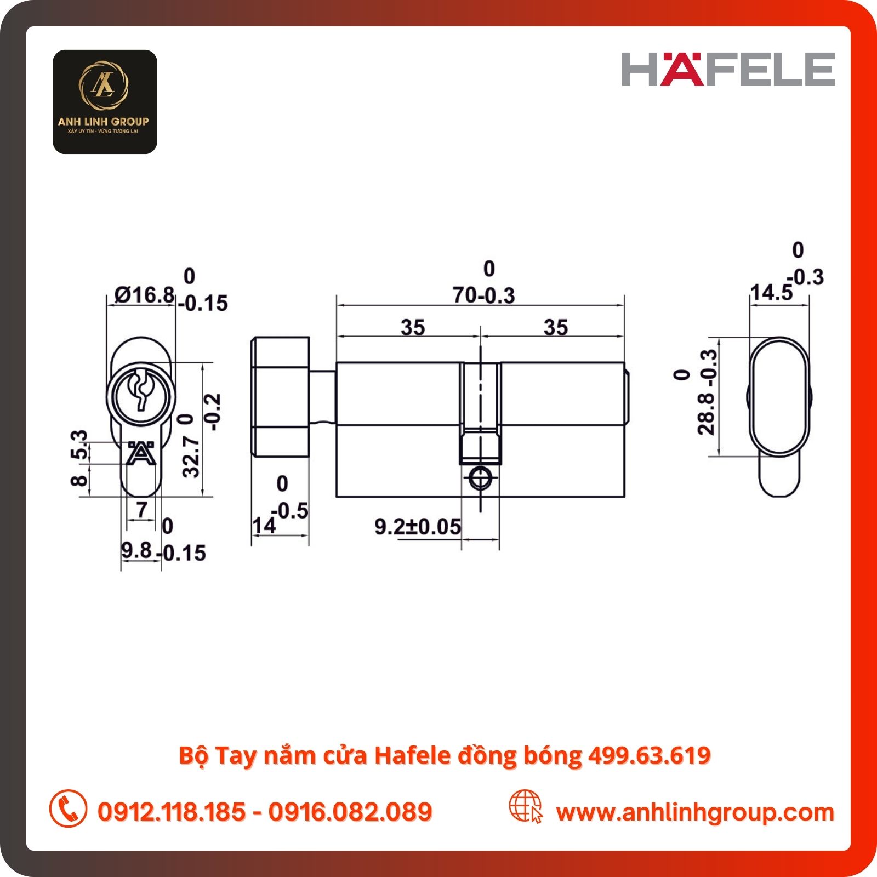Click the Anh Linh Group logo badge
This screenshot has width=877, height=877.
[105, 102]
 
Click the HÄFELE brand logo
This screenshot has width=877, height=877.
[728, 69]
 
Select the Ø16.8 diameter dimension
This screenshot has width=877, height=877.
[145, 295]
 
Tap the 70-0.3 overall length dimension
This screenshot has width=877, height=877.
[484, 295]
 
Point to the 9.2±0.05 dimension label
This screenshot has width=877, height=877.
[418, 527]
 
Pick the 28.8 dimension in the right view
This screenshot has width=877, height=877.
[707, 414]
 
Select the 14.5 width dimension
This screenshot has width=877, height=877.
[771, 292]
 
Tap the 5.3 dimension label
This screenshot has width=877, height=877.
[79, 445]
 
